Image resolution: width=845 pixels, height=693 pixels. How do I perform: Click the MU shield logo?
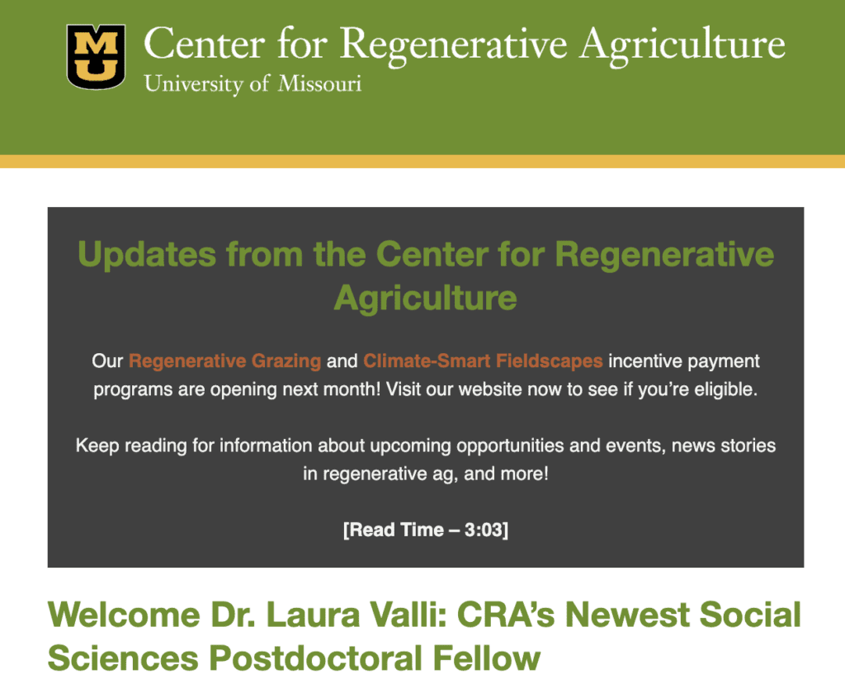(x=96, y=57)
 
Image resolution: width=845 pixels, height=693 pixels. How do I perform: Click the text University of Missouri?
(x=253, y=84)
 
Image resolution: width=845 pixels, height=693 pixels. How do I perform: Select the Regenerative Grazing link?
(x=224, y=361)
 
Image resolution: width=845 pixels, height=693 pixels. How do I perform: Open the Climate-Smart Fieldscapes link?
(x=483, y=361)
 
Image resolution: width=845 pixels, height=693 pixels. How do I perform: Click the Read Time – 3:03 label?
(x=426, y=530)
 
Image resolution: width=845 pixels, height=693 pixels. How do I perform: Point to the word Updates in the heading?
(x=147, y=254)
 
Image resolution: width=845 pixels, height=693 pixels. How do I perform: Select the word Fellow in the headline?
(x=487, y=658)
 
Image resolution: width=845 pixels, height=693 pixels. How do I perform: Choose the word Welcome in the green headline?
(x=124, y=615)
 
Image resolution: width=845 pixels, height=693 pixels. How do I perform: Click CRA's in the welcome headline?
(x=506, y=615)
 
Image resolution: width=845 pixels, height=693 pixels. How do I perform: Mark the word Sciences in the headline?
(x=124, y=658)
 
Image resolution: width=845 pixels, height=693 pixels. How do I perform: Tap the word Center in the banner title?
(x=205, y=44)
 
